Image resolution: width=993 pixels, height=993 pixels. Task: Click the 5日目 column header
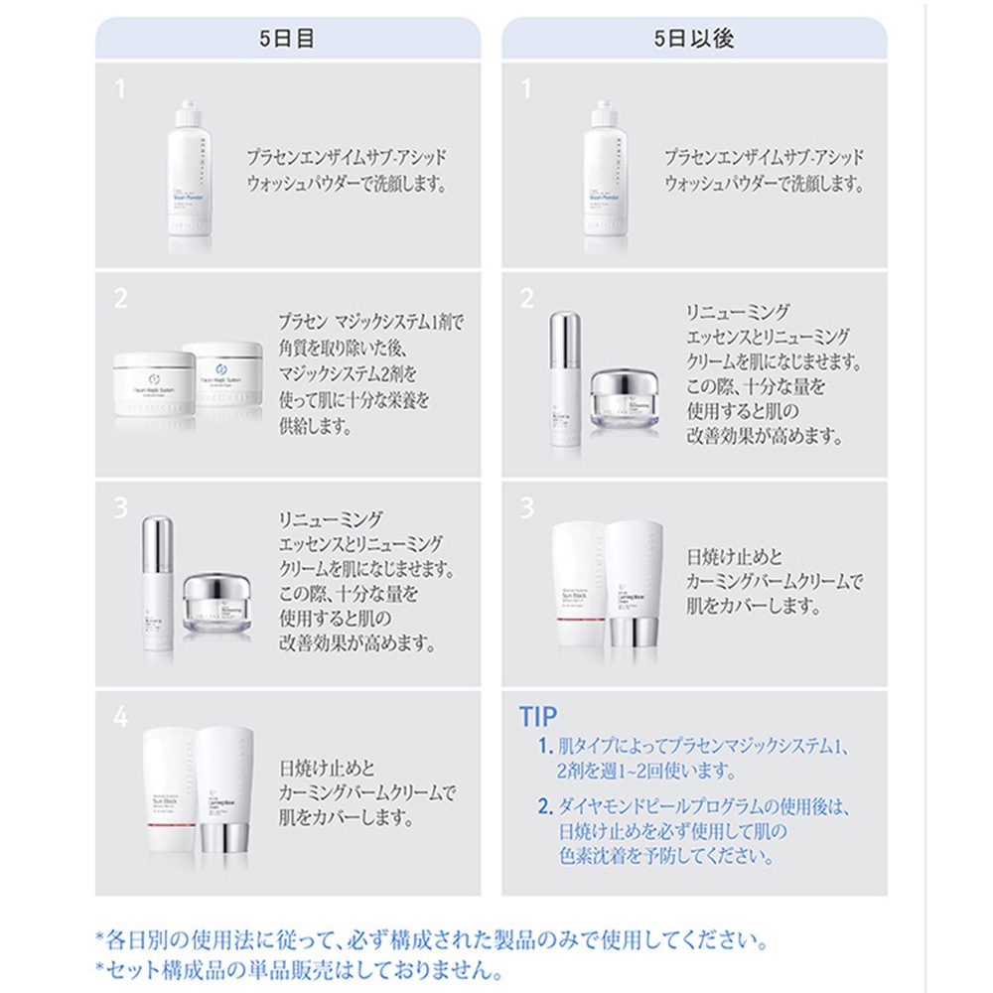(x=287, y=40)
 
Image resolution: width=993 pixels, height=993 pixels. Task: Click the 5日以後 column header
(x=694, y=40)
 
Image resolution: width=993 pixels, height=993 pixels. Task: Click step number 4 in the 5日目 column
(x=121, y=717)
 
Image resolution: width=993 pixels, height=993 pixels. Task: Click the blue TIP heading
(x=538, y=716)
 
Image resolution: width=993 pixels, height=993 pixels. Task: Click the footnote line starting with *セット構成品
(x=299, y=968)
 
